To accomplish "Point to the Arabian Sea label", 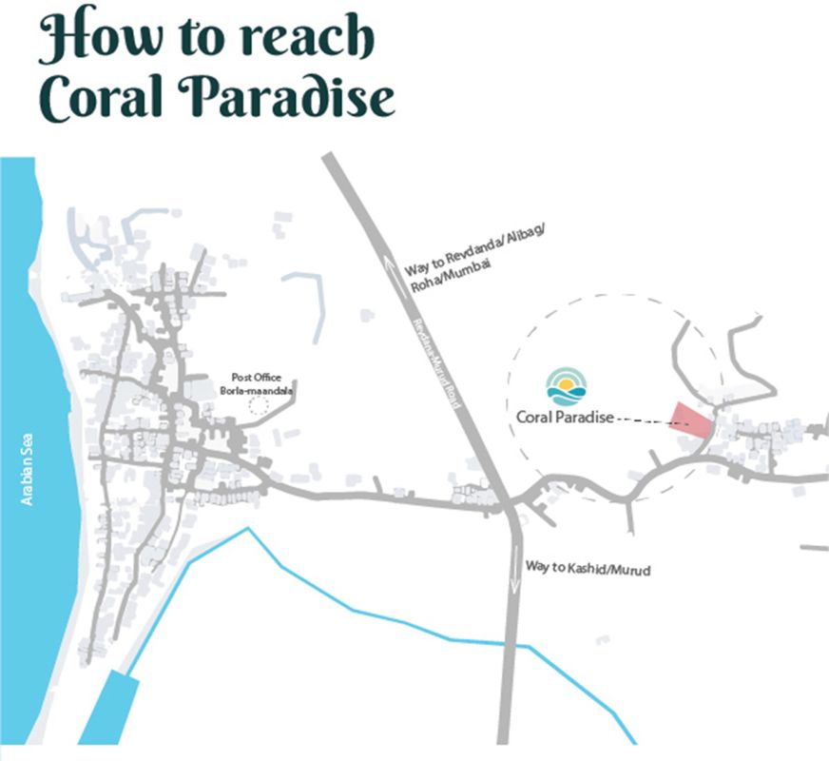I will pyautogui.click(x=28, y=467).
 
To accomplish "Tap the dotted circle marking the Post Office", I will pyautogui.click(x=259, y=405).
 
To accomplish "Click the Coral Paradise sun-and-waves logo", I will pyautogui.click(x=567, y=387).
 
